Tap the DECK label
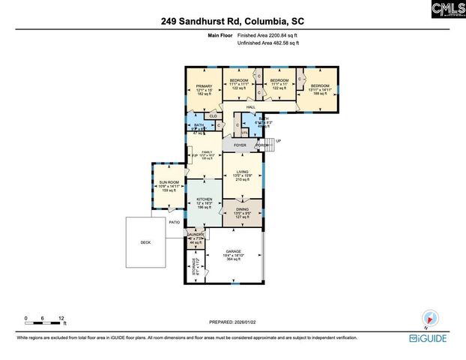coord(145,242)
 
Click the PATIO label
coord(174,222)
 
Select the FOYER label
coord(240,145)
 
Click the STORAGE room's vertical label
coord(193,265)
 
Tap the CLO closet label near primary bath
coord(214,116)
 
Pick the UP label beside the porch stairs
coord(278,141)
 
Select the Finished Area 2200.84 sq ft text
coord(268,35)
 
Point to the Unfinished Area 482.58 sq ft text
coord(268,43)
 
